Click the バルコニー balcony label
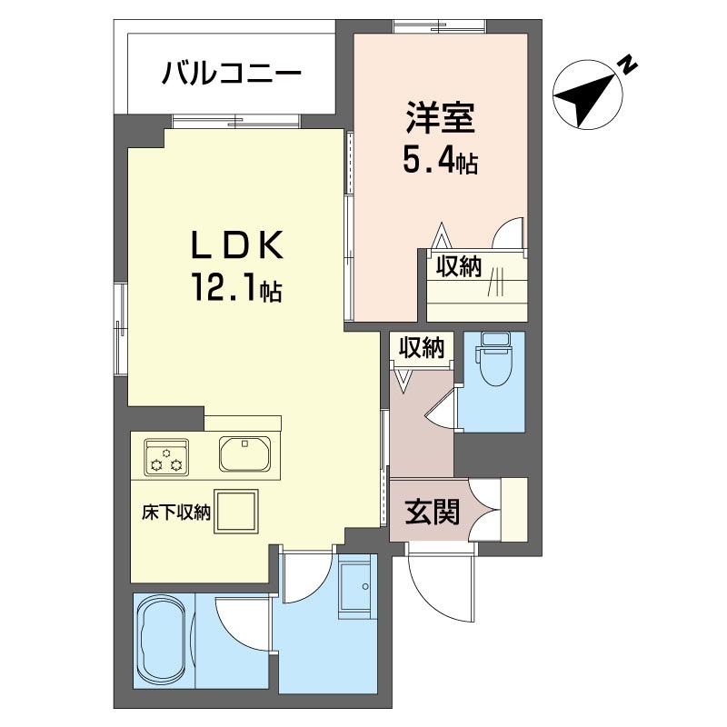232,74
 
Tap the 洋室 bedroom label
440,118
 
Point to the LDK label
237,244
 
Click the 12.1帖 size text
236,287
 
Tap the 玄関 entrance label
433,512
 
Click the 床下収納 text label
176,513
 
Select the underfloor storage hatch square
236,512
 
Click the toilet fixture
495,358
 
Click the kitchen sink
244,453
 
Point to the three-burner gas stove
167,457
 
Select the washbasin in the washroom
354,586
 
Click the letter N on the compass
628,65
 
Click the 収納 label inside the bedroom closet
458,266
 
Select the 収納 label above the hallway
421,347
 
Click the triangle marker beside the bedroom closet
441,236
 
